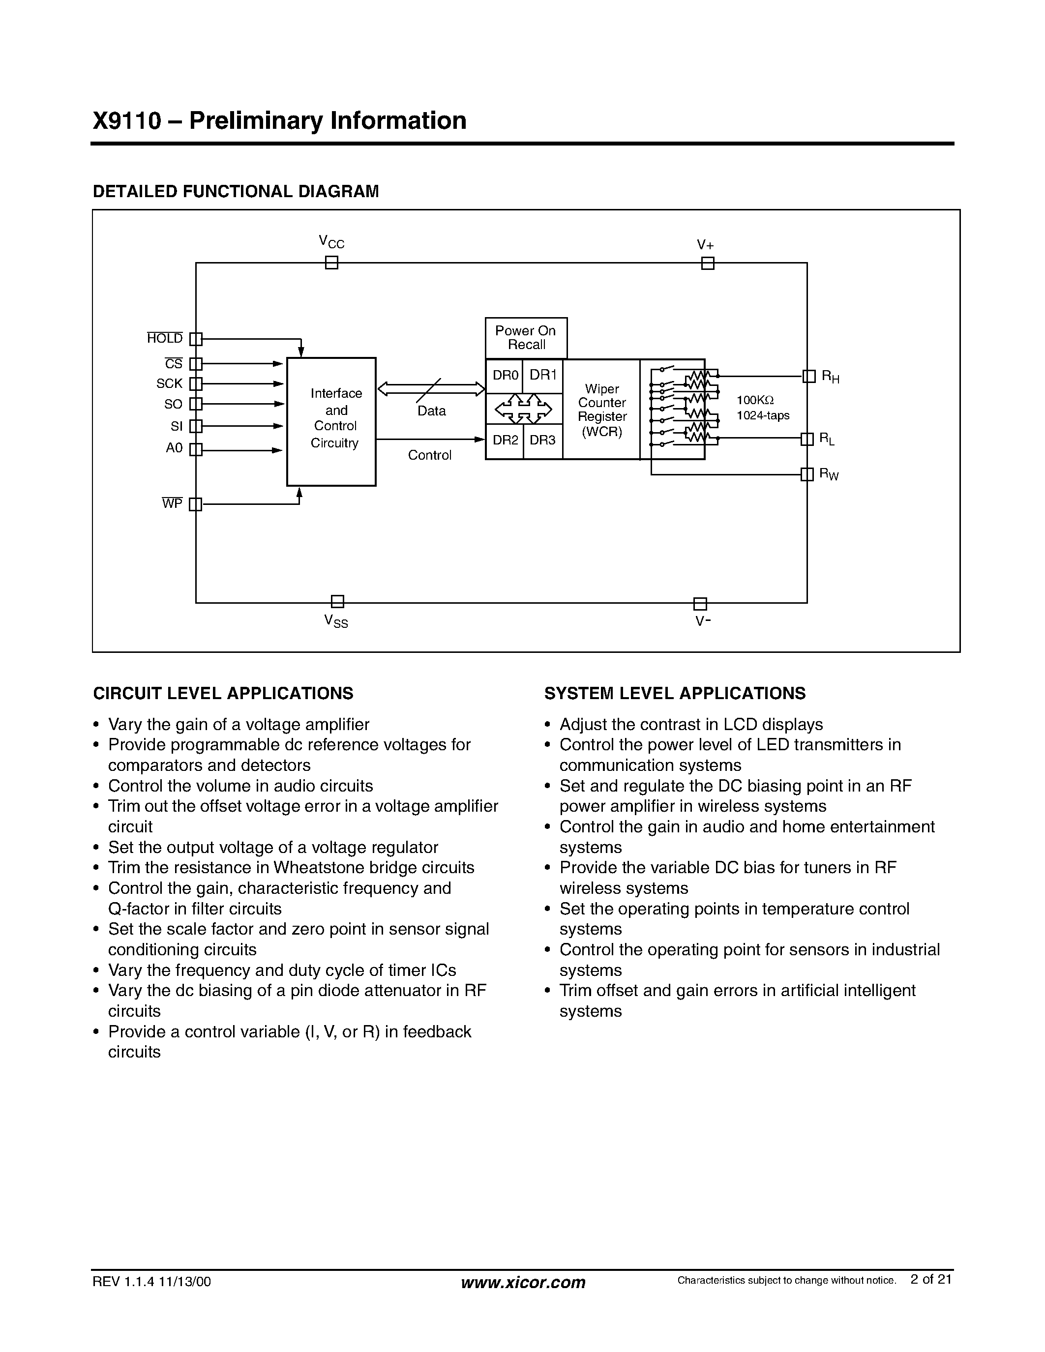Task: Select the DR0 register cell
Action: pyautogui.click(x=505, y=375)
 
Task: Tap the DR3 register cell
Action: pyautogui.click(x=543, y=440)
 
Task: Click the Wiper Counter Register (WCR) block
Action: pyautogui.click(x=601, y=409)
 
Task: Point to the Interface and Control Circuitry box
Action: pyautogui.click(x=331, y=421)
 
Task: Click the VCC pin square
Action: pyautogui.click(x=332, y=263)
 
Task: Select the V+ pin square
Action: pyautogui.click(x=708, y=264)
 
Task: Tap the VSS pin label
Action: pyautogui.click(x=336, y=620)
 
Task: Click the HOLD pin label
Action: pyautogui.click(x=165, y=338)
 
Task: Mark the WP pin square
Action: pyautogui.click(x=196, y=504)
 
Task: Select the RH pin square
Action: pyautogui.click(x=808, y=377)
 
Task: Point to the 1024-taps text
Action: pyautogui.click(x=763, y=415)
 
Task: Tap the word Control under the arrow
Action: pyautogui.click(x=430, y=455)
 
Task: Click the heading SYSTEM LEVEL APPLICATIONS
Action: pyautogui.click(x=675, y=693)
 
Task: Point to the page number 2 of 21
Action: pyautogui.click(x=930, y=1279)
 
